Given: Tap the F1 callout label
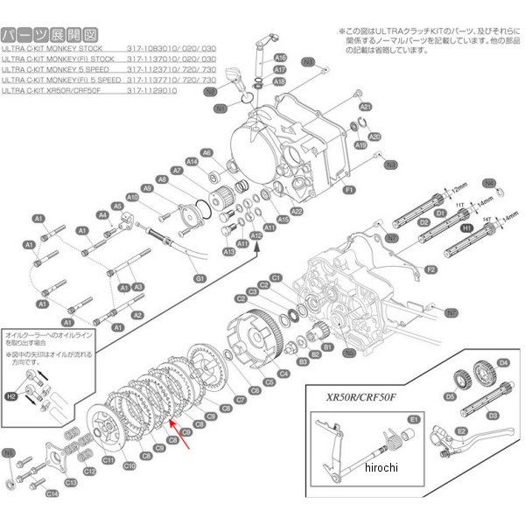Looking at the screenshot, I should tap(347, 190).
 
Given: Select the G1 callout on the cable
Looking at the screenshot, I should tap(199, 277).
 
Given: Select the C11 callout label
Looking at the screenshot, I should tap(108, 459).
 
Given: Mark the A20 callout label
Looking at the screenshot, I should tap(374, 137).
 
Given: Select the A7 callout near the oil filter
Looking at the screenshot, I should tap(177, 171).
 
